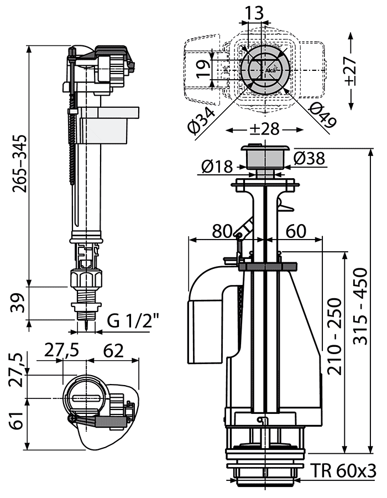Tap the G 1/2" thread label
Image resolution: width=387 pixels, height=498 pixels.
133,320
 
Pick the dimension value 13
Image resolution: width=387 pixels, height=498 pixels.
256,12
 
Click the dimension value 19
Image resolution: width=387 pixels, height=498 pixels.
203,67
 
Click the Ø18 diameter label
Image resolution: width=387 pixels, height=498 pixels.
218,166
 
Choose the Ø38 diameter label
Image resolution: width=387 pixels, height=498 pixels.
310,159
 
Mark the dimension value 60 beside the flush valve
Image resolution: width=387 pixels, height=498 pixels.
296,231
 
